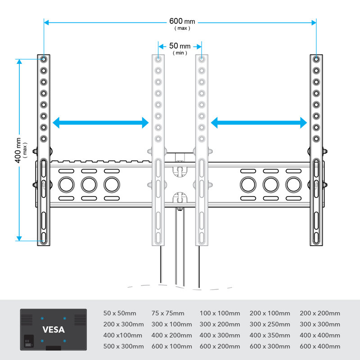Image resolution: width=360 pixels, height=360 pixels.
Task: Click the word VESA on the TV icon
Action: pos(54,330)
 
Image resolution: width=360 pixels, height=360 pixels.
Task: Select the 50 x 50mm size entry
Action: pos(120,313)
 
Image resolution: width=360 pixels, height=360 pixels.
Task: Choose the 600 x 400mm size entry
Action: pos(320,346)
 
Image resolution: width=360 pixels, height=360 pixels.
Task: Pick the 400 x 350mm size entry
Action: pos(270,335)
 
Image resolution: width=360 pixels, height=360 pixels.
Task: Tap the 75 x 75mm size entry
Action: pos(168,313)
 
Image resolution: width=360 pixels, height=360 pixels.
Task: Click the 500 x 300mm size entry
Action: pos(123,346)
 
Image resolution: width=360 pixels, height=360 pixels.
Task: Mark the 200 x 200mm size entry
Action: pos(320,313)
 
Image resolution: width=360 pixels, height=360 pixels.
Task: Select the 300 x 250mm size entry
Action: pos(270,324)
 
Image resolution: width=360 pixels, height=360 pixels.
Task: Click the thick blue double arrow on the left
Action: pos(100,122)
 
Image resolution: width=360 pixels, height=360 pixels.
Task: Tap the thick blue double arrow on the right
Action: pos(259,122)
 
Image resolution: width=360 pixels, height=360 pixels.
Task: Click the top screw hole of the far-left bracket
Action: pos(44,59)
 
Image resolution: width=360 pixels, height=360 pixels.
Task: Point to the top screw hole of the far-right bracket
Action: pos(316,59)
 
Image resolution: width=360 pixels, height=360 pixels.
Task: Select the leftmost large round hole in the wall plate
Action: pos(66,184)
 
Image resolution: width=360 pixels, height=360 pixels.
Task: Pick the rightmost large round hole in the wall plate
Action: pos(293,184)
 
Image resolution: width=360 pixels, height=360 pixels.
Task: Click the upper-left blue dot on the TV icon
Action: pos(42,319)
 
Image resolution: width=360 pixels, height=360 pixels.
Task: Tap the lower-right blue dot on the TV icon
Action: pos(65,341)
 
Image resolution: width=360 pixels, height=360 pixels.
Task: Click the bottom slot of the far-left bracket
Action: pos(44,238)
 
